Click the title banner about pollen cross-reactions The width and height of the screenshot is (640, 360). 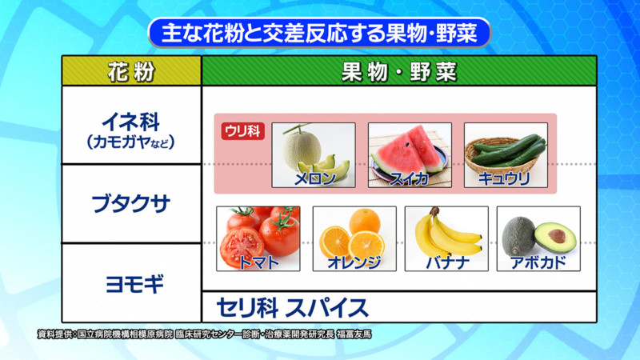[319, 33]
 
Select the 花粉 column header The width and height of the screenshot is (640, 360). [131, 71]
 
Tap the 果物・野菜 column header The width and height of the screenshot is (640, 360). [399, 71]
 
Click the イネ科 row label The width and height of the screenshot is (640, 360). [130, 122]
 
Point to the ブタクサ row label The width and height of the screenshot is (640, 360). [130, 203]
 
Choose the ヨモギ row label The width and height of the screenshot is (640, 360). [134, 284]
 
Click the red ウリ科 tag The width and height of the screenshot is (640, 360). [243, 131]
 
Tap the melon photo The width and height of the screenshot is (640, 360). [314, 155]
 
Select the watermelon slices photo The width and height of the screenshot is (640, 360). [410, 155]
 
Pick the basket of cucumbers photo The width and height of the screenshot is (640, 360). [506, 155]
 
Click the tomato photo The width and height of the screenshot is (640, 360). [258, 238]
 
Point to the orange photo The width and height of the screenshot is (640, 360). [354, 238]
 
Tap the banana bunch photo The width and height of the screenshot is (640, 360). [446, 238]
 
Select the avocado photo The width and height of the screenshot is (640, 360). [538, 238]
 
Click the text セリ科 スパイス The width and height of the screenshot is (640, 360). [292, 308]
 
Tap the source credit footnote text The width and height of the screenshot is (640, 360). [204, 334]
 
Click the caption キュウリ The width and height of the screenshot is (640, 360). [505, 178]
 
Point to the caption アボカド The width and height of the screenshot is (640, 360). [538, 262]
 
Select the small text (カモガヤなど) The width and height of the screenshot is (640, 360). [130, 142]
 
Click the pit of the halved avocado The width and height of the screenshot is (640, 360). [557, 235]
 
